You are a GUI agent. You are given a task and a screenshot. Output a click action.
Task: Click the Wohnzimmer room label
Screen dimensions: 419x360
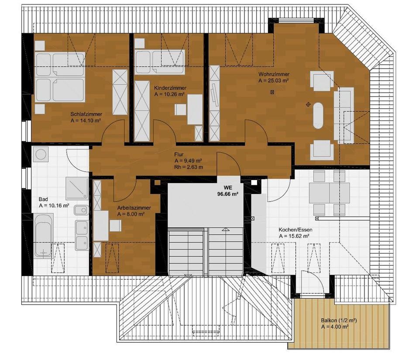pyautogui.click(x=274, y=74)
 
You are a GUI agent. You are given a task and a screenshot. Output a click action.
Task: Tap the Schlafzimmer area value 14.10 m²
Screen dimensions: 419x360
pyautogui.click(x=86, y=121)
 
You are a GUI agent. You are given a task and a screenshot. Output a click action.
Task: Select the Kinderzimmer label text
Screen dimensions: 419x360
pyautogui.click(x=170, y=88)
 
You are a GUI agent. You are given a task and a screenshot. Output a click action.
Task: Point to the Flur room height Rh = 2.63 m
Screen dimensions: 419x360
pyautogui.click(x=189, y=167)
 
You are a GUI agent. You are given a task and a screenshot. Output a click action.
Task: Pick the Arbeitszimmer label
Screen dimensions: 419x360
pyautogui.click(x=134, y=208)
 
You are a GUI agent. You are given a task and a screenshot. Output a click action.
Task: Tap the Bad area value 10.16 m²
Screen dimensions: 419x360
pyautogui.click(x=54, y=206)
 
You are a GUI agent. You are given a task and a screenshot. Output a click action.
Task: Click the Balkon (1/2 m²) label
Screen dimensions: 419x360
pyautogui.click(x=339, y=320)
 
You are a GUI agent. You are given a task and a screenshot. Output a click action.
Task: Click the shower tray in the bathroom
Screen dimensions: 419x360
pyautogui.click(x=77, y=188)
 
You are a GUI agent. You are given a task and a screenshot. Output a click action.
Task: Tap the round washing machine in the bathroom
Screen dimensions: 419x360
pyautogui.click(x=41, y=154)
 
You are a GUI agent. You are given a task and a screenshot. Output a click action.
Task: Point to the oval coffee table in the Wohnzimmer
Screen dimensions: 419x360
pyautogui.click(x=318, y=115)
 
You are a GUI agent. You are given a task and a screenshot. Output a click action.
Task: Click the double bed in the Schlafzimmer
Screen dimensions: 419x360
pyautogui.click(x=60, y=77)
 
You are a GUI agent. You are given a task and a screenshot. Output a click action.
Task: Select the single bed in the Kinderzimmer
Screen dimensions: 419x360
pyautogui.click(x=160, y=62)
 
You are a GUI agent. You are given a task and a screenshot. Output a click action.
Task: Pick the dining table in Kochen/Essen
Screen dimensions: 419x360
pyautogui.click(x=329, y=193)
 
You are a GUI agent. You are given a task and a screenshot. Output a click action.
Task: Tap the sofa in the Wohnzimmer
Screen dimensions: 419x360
pyautogui.click(x=343, y=115)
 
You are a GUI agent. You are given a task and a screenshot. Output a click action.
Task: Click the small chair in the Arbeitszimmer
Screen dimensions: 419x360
pyautogui.click(x=115, y=225)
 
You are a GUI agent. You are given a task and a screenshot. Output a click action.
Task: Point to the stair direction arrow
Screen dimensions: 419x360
pyautogui.click(x=226, y=229)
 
